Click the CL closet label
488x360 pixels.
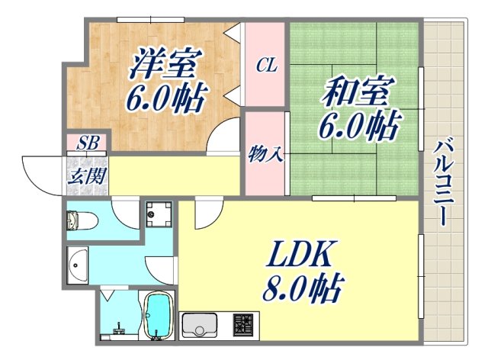coord(265,66)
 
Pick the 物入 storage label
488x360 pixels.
coord(265,155)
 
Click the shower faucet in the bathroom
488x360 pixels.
coord(119,329)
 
